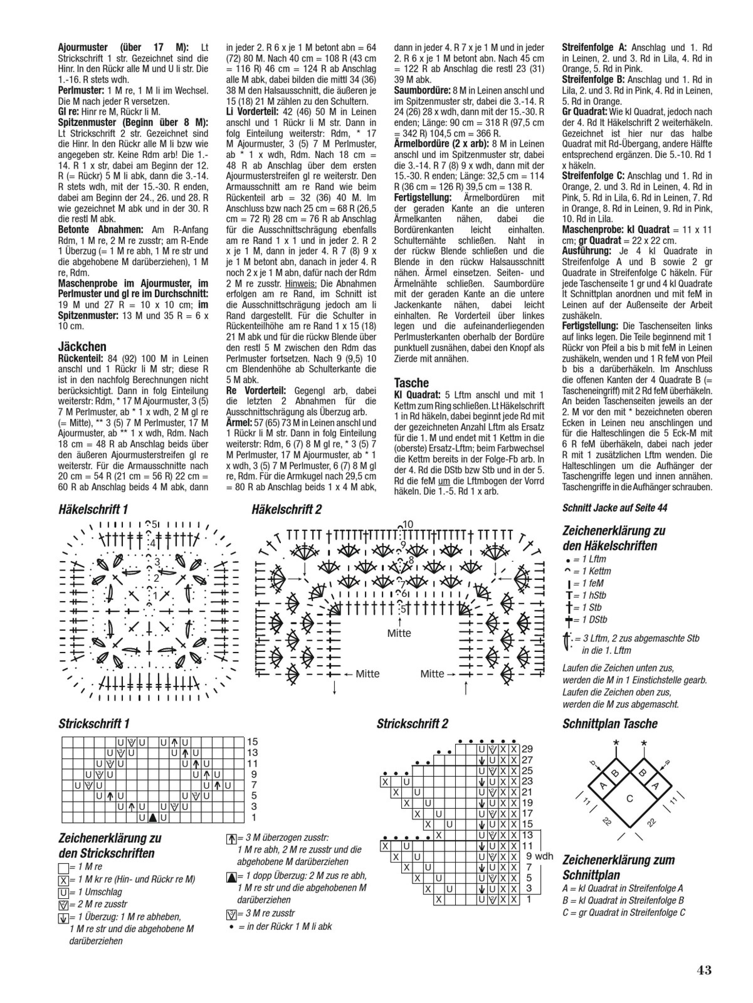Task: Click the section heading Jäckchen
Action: tap(82, 347)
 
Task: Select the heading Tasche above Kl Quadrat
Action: tap(411, 383)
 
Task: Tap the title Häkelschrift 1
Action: tap(93, 509)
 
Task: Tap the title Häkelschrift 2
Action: tap(286, 509)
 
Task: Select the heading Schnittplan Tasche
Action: tap(610, 724)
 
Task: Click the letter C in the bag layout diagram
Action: tap(629, 798)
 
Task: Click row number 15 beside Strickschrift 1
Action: tap(252, 742)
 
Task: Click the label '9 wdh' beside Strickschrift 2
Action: tap(539, 856)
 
